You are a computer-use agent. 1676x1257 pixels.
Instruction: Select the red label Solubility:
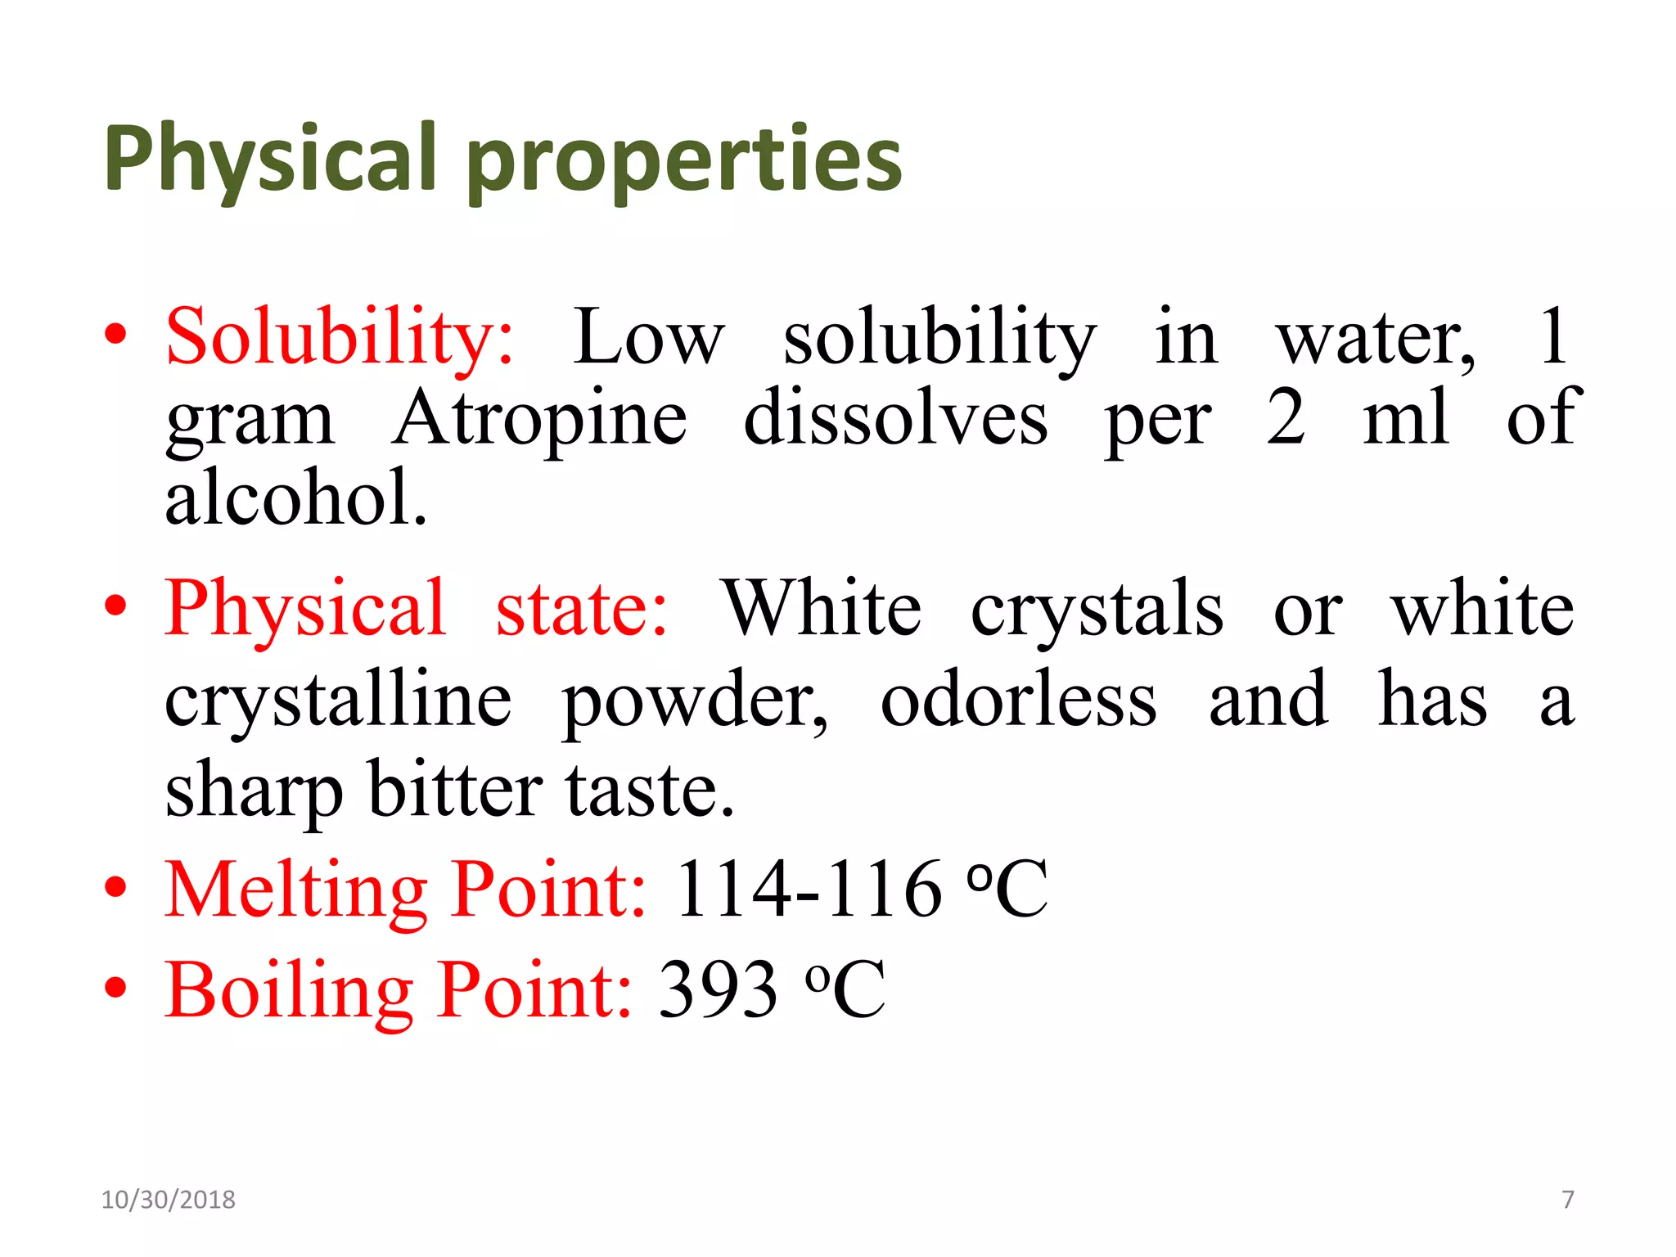[x=340, y=336]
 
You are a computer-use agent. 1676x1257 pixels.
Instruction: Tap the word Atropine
[x=539, y=418]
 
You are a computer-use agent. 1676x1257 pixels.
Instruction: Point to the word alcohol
[x=295, y=498]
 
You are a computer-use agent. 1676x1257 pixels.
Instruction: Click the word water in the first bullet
[x=1375, y=338]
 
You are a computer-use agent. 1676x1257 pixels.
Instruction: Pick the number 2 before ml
[x=1286, y=417]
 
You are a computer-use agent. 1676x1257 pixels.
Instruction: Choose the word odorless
[x=1019, y=700]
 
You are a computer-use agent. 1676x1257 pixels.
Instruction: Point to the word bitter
[x=455, y=790]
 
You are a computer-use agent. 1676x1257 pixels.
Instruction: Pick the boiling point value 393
[x=718, y=990]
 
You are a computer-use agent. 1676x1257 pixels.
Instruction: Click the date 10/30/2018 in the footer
[x=168, y=1200]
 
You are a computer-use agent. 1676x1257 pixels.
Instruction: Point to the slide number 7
[x=1568, y=1200]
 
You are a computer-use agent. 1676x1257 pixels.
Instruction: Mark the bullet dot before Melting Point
[x=116, y=887]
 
